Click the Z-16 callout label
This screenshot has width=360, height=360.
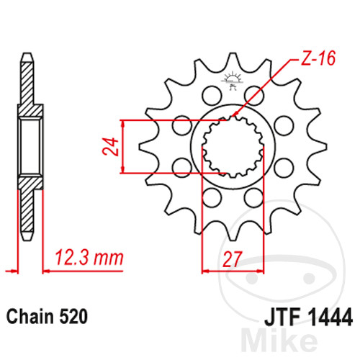[318, 58]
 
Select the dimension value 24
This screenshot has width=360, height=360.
[111, 146]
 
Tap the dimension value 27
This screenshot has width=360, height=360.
[231, 259]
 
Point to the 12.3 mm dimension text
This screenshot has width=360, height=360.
[89, 258]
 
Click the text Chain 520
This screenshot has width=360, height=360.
[47, 317]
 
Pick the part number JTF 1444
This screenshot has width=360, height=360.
[308, 317]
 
